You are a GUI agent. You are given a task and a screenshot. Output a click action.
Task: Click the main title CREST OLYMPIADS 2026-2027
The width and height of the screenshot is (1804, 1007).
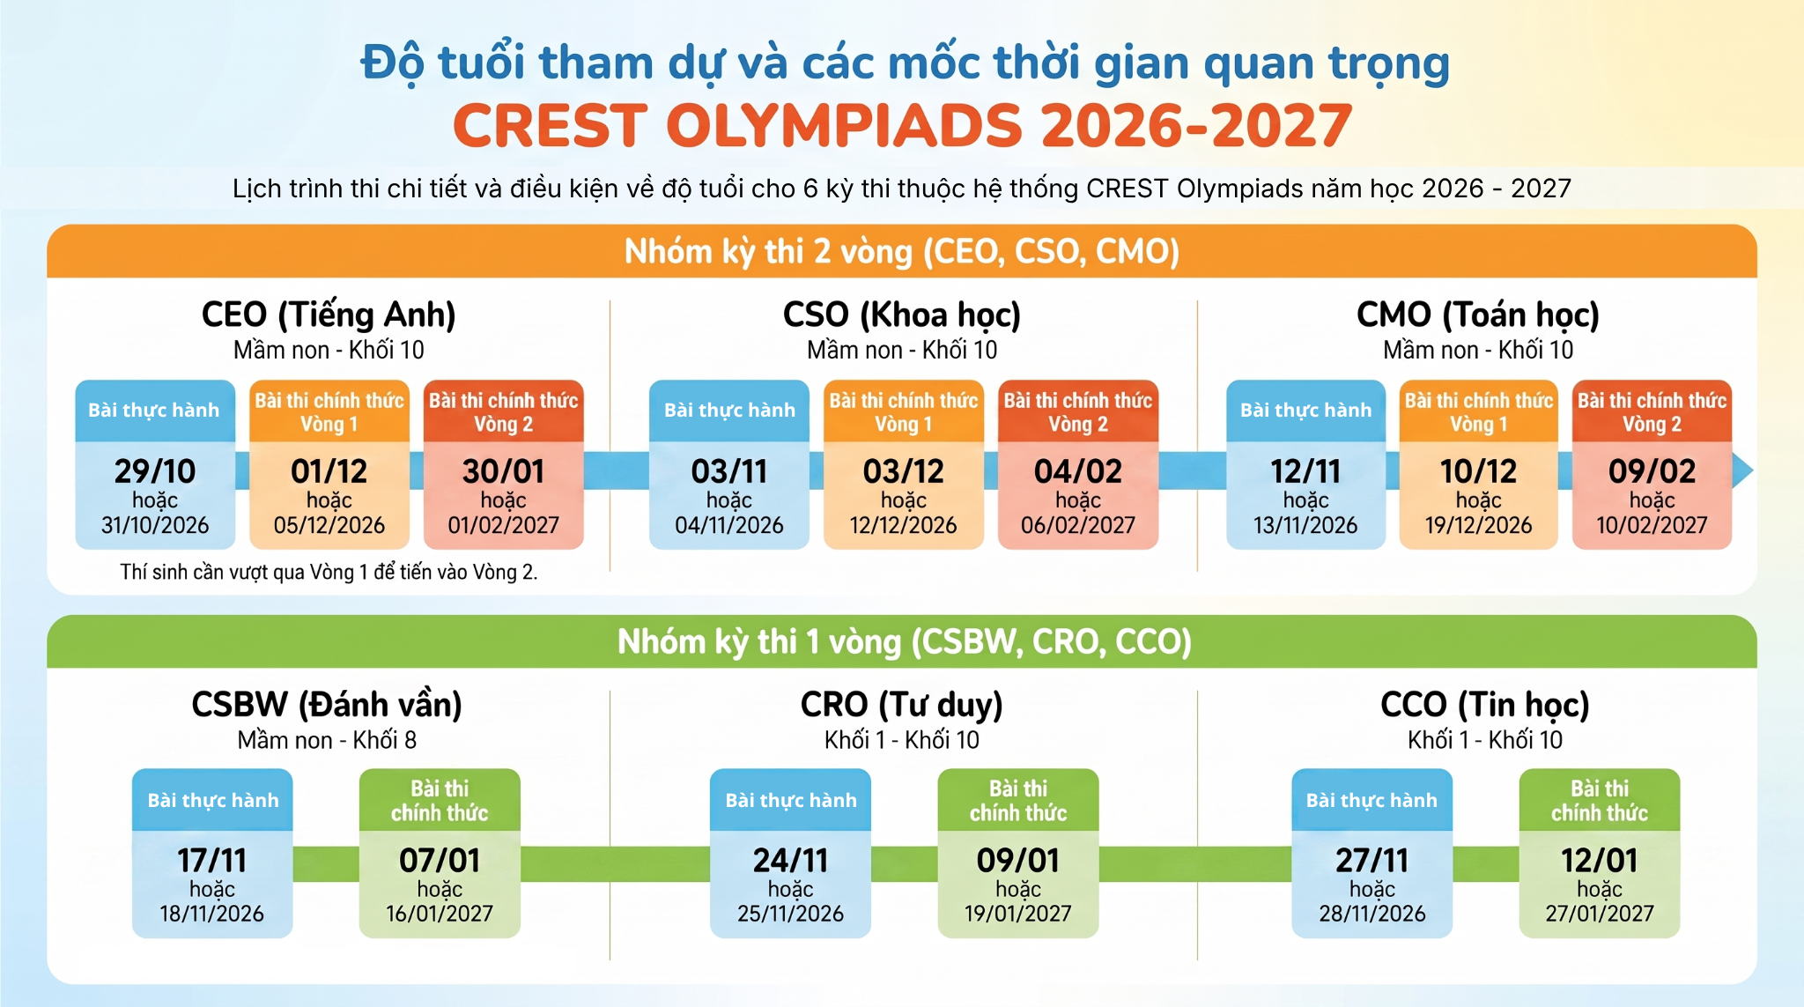902,125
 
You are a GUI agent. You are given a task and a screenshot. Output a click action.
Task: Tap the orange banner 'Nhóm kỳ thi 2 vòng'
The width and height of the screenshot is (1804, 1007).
902,251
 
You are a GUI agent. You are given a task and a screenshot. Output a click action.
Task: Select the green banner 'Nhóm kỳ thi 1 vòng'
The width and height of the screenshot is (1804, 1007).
902,641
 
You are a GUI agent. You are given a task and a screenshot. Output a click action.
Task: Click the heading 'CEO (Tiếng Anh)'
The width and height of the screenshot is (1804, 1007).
329,315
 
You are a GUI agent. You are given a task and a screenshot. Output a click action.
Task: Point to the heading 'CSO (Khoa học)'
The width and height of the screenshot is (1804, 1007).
902,315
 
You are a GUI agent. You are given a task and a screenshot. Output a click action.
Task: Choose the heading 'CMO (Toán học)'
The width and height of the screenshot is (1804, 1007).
1478,315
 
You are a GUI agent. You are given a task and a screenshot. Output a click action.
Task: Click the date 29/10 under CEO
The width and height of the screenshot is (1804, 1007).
155,471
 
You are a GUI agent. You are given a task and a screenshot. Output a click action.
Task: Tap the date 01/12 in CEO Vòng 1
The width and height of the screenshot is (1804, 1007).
329,471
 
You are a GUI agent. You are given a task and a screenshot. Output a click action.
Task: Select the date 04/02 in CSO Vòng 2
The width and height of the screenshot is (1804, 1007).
1078,471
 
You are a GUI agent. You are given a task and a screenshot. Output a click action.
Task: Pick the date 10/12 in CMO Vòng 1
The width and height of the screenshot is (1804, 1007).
1479,471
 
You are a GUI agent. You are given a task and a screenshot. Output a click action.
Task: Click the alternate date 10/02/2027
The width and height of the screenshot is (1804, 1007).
1652,525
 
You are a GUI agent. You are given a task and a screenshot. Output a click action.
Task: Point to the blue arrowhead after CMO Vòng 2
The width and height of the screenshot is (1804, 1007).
1742,470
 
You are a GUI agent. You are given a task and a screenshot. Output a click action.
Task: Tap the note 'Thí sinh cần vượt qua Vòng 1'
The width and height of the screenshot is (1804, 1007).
329,572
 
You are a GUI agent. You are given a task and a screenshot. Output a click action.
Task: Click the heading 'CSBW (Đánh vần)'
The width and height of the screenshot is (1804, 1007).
327,705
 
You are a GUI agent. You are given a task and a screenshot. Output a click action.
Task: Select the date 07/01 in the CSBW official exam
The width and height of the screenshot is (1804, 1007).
440,860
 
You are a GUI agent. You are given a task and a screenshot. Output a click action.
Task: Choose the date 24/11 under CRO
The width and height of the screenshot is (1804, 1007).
791,860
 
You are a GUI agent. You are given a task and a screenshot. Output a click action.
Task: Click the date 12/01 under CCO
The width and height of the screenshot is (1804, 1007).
1600,860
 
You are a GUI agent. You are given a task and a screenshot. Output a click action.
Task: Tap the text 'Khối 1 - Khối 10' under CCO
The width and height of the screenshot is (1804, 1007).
1485,740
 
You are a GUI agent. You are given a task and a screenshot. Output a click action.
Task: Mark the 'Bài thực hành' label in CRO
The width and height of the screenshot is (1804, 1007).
791,800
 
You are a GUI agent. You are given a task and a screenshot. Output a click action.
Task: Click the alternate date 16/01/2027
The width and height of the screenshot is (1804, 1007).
440,914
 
